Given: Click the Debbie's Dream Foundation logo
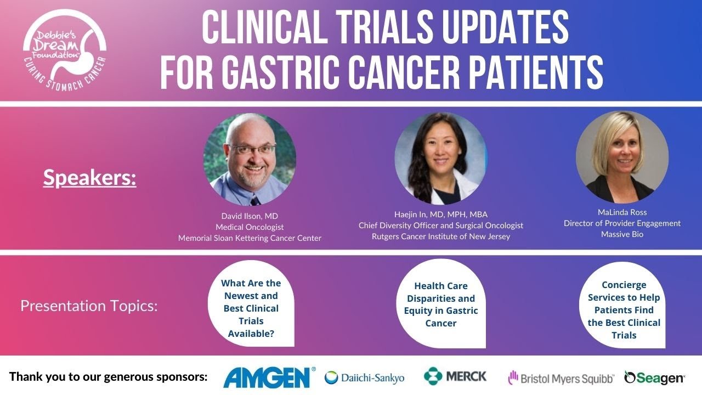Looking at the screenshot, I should coord(65,48).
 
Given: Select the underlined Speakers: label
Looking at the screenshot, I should coord(89,178).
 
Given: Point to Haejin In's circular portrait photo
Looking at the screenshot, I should coord(441,158).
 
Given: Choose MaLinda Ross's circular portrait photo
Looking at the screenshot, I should coord(622,157).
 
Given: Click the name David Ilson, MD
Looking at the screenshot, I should coord(250,216).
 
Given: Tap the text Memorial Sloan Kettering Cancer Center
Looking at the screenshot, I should coord(250,238).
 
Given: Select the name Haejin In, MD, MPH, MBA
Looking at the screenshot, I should coord(441,214).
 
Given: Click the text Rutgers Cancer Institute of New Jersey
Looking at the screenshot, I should coord(441,236).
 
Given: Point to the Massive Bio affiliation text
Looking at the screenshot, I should coord(622,234).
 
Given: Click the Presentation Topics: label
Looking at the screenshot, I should coord(89,306).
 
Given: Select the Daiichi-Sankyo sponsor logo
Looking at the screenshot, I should coord(365,377).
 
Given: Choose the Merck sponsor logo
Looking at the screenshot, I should coord(455,376).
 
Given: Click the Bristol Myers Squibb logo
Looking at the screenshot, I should coord(561,377).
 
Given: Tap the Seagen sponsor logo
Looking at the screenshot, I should coord(654,377).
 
